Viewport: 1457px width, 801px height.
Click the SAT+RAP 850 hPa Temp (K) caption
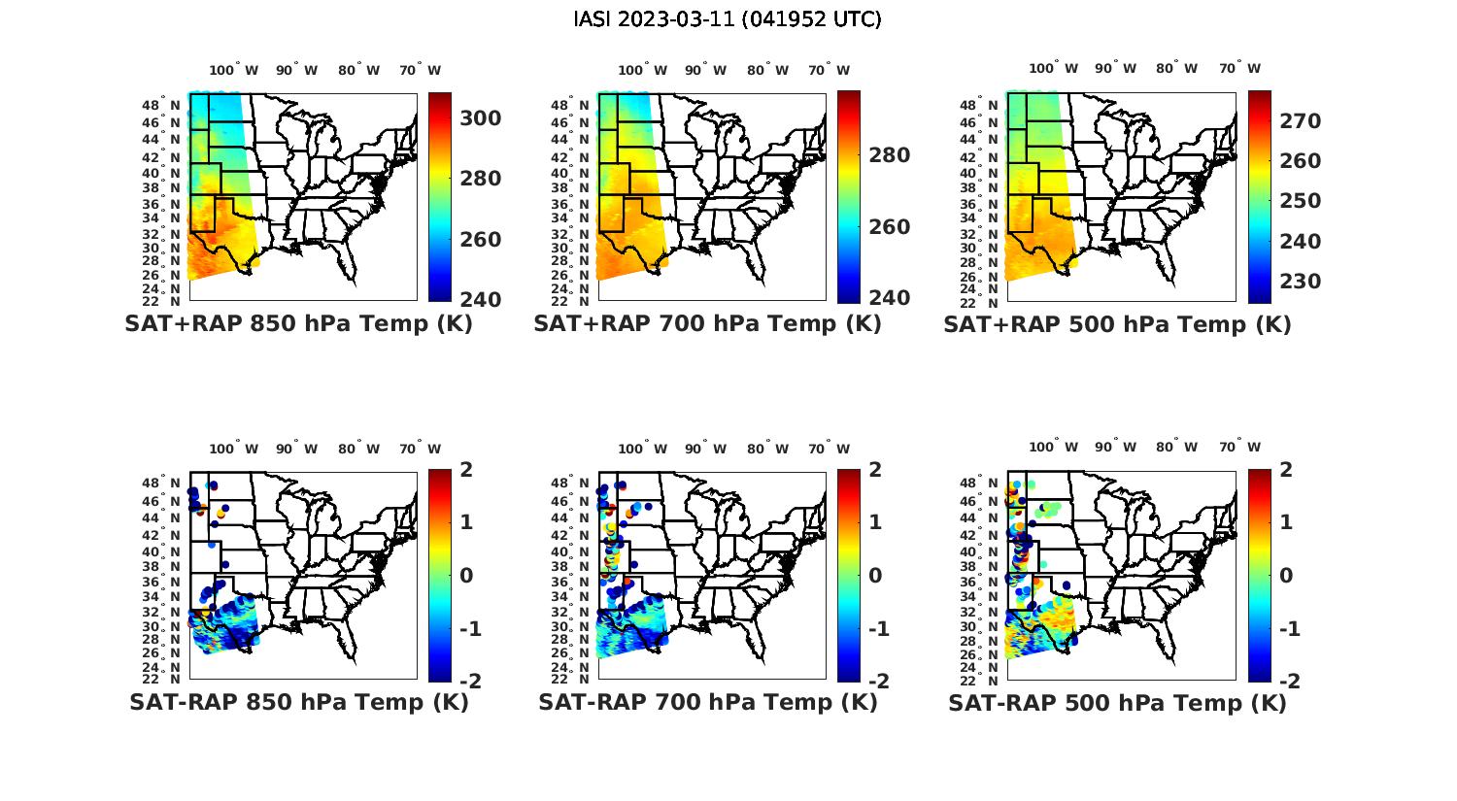(x=298, y=324)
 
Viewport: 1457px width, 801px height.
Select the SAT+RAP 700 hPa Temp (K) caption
(x=707, y=324)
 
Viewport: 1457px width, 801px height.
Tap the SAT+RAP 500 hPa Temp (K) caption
(x=1117, y=325)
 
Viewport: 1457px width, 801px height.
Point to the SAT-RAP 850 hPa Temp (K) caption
(x=298, y=702)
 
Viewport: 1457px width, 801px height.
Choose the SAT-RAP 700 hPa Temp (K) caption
(x=707, y=702)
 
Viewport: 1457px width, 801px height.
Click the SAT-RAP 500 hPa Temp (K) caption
(x=1117, y=703)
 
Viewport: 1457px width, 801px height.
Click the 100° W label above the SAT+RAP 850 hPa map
(x=234, y=70)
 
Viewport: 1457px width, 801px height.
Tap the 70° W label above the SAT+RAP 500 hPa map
(x=1239, y=69)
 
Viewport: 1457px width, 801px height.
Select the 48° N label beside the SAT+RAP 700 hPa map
(x=574, y=105)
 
